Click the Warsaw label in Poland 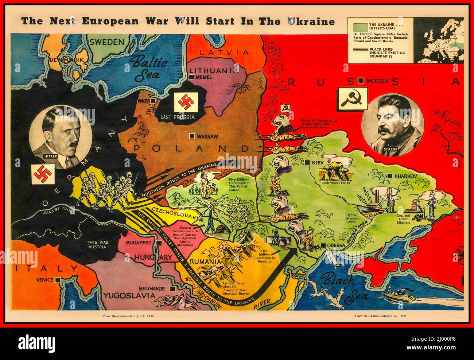tap(207, 136)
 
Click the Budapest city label tap(141, 243)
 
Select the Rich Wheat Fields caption tap(336, 182)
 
